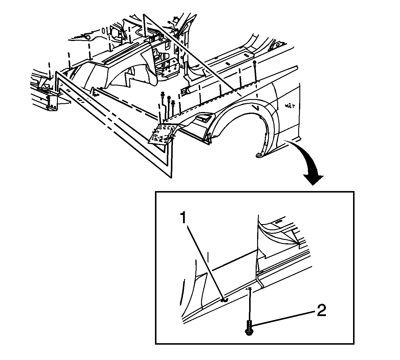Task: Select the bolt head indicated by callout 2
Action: click(248, 332)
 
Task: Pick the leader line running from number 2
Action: click(283, 318)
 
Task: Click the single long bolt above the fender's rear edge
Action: click(254, 71)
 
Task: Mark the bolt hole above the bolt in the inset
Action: click(249, 289)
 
